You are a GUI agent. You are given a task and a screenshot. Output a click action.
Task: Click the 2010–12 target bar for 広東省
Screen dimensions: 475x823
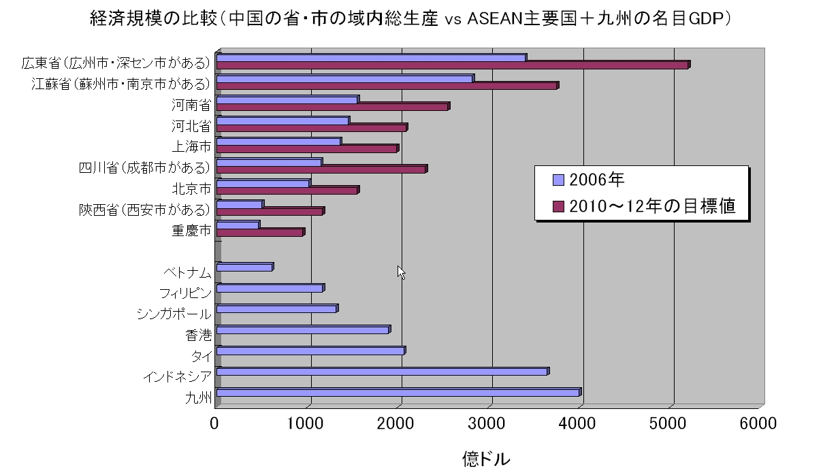453,65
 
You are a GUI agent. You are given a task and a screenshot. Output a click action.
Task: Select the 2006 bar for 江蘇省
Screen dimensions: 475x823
344,79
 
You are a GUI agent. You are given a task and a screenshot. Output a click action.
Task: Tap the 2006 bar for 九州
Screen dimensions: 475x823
398,393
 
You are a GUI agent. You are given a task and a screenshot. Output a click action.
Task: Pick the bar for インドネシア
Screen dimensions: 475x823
382,372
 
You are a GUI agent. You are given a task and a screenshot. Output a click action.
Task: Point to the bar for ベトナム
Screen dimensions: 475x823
244,267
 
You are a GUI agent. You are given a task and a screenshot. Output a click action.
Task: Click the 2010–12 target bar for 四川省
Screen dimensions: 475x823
321,169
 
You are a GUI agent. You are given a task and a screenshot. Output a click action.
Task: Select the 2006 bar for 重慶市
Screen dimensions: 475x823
238,225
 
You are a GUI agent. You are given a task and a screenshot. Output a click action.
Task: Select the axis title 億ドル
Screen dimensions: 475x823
485,458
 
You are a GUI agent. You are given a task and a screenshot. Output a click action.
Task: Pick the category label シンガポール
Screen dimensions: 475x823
174,314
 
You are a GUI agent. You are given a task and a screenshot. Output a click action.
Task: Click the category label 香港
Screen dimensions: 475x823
198,335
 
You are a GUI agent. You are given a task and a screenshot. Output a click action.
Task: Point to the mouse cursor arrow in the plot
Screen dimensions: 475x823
402,272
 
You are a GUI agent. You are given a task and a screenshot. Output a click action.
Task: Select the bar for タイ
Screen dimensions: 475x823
310,351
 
